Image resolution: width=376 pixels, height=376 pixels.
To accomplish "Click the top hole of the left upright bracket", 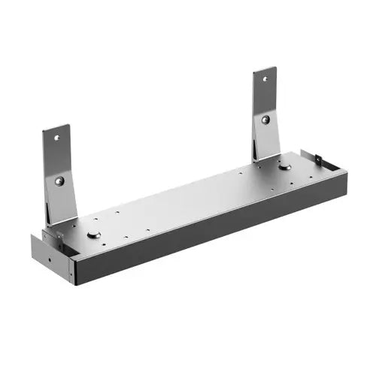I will click(56, 138).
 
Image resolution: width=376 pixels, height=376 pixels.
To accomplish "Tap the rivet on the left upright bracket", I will click(59, 180).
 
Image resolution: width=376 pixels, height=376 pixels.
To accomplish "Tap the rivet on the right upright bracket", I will click(265, 119).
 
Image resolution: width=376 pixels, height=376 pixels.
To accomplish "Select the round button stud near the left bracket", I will click(93, 235).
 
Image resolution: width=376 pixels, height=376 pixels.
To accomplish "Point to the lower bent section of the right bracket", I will click(266, 143).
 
